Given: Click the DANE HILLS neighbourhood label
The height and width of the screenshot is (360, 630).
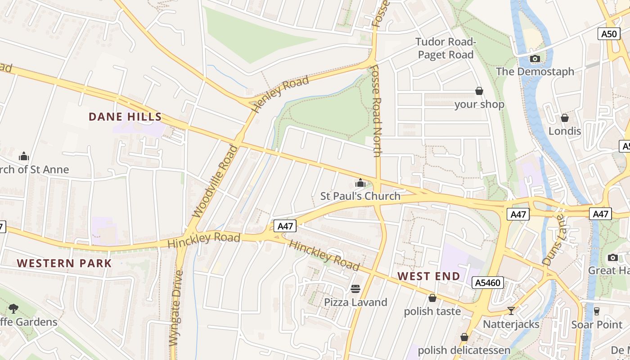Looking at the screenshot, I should (125, 117).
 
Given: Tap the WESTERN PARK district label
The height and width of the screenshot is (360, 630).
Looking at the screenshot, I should (64, 263).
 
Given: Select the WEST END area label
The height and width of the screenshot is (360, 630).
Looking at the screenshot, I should (429, 276).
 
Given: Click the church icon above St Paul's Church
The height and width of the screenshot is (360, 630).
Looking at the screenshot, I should (360, 183).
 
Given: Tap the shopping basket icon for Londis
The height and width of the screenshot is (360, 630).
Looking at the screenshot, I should (564, 118).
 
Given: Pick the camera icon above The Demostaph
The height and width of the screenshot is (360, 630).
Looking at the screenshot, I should (535, 58).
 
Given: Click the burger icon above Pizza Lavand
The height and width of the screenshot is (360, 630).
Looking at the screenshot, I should (355, 288).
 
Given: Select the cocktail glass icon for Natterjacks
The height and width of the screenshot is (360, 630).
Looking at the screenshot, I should (511, 311).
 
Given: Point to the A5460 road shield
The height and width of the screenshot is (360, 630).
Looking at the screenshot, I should (487, 283).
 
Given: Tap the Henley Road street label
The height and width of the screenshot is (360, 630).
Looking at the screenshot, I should (280, 94).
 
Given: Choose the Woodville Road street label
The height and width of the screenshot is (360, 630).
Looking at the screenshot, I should (215, 181).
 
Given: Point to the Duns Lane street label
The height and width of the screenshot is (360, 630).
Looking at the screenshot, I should (553, 240).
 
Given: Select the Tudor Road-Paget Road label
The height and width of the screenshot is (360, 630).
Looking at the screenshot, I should (445, 49).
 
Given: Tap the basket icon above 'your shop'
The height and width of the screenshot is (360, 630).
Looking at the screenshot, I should (479, 91).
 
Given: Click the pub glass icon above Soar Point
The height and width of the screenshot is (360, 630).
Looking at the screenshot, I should (597, 311).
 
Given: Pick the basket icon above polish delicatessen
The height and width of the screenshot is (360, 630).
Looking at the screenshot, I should (464, 337).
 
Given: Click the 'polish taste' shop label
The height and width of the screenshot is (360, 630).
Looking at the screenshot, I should (432, 311).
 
